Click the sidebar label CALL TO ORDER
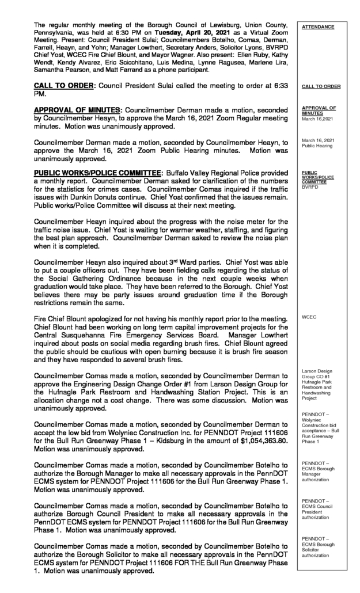320,87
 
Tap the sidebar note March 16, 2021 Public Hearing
317,143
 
